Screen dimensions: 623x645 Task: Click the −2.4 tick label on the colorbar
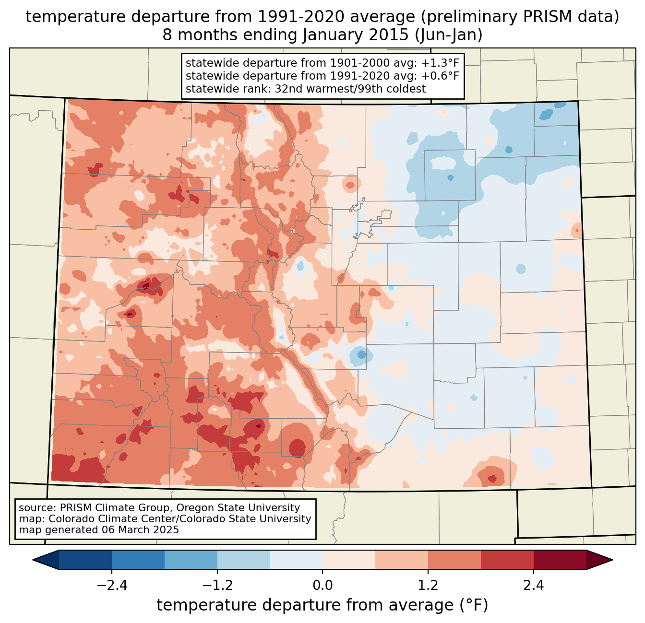(x=111, y=586)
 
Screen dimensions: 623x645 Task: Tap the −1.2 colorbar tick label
(x=217, y=586)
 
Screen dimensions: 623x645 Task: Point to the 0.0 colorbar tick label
(x=322, y=586)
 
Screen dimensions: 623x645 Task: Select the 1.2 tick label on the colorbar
(x=428, y=586)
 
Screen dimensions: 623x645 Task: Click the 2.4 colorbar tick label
(x=534, y=586)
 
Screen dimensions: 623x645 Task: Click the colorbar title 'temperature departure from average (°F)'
(x=322, y=605)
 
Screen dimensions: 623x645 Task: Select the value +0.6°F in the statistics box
(x=440, y=76)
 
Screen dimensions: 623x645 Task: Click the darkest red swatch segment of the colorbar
(x=560, y=560)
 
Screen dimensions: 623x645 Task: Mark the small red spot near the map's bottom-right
(x=492, y=479)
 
